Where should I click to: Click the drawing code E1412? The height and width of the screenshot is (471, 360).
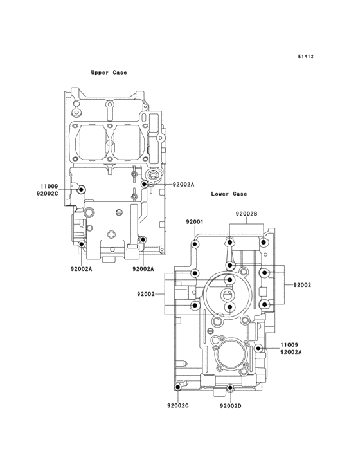coord(306,56)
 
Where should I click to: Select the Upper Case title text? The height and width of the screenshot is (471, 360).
coord(109,73)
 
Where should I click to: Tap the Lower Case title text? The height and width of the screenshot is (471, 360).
coord(229,194)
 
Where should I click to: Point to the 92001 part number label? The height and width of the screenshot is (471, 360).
coord(195,222)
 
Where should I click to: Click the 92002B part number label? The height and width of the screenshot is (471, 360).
coord(247,214)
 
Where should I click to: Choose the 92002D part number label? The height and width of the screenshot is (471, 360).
coord(231,406)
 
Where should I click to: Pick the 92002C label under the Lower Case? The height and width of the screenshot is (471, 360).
coord(178,406)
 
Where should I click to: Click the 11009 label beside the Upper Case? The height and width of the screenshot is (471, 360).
coord(50,187)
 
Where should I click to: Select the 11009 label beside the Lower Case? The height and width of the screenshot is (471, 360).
coord(289,345)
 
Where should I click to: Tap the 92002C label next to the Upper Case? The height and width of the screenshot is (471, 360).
coord(48,194)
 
